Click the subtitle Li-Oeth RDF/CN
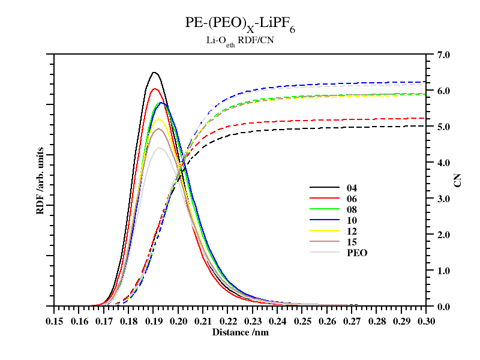pos(240,41)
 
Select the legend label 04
pos(352,188)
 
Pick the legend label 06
pos(352,199)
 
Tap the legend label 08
pos(352,209)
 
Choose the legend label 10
pos(352,220)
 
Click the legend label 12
pos(352,231)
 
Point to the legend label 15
pos(352,242)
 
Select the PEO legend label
pos(356,253)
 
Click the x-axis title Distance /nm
pos(240,331)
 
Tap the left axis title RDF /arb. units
pos(40,180)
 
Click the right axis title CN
pos(458,180)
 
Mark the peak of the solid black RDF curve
pos(154,73)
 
